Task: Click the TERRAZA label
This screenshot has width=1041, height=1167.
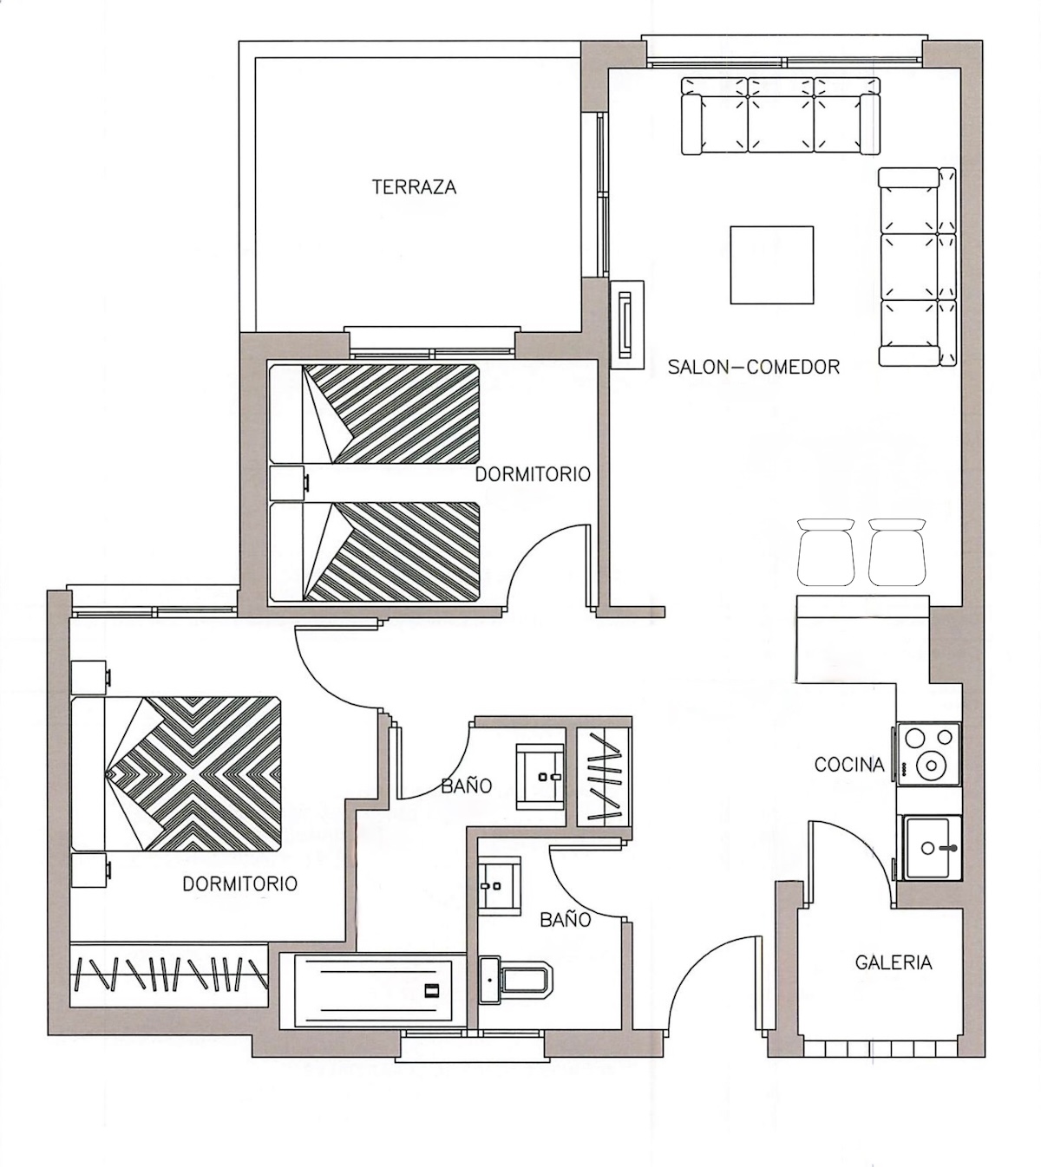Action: pos(414,187)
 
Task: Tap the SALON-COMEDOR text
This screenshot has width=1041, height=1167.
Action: pos(753,367)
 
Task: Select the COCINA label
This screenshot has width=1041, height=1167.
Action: pos(849,765)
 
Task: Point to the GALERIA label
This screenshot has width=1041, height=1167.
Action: pos(894,962)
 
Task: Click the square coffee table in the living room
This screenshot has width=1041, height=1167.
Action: pos(772,265)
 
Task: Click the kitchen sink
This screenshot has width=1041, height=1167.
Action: pos(932,848)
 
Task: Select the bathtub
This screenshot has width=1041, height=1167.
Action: pos(373,991)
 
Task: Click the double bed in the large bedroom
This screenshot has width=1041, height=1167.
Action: pos(176,773)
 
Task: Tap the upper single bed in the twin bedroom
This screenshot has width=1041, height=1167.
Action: pos(375,414)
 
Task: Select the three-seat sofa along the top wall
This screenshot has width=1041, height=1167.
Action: pos(781,116)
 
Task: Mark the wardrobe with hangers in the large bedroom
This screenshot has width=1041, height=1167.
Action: pos(169,975)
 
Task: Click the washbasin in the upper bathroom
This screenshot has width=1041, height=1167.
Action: pos(540,777)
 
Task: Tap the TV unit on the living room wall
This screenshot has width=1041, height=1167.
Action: pos(626,324)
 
